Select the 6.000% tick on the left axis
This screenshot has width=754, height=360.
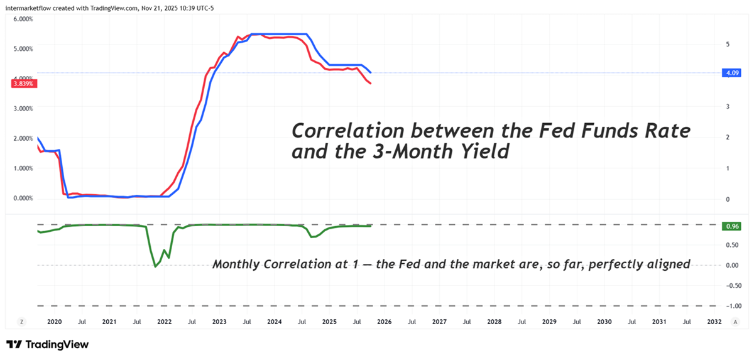[x=23, y=19]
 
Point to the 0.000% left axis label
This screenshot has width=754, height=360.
[x=23, y=199]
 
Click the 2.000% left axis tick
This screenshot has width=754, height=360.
[x=23, y=138]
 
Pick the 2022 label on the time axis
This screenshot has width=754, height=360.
[x=164, y=321]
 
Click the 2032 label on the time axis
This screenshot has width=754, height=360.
[x=714, y=321]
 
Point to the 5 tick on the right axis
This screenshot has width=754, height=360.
[x=727, y=45]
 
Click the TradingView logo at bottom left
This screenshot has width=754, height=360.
[x=47, y=344]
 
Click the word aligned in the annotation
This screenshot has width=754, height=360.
[x=668, y=265]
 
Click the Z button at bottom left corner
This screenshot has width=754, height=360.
[x=21, y=321]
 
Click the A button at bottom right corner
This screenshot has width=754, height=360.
[x=735, y=321]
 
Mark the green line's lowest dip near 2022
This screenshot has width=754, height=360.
[x=155, y=267]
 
